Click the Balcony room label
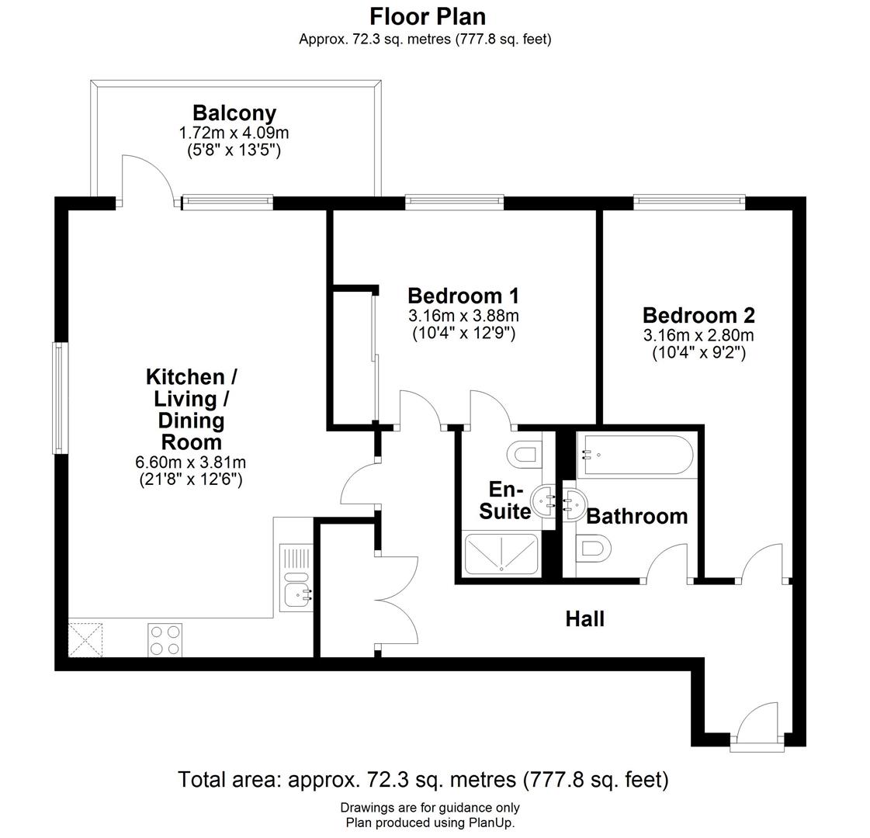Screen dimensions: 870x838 234,113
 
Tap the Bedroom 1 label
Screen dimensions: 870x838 463,296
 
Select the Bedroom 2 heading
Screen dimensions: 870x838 698,315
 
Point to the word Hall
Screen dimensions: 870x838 585,618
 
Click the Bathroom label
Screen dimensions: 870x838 637,516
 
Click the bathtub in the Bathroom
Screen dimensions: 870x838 635,455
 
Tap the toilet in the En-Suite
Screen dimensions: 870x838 525,454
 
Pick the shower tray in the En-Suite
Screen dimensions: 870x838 501,553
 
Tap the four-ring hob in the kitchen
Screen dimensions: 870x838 165,640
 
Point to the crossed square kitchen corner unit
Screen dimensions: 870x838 85,640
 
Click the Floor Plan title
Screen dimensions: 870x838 427,16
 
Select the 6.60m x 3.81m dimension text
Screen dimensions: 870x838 190,462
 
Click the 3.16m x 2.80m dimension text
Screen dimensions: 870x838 698,335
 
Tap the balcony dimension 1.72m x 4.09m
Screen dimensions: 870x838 234,133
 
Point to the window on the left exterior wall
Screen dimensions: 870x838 59,397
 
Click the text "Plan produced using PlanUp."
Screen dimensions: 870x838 430,822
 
